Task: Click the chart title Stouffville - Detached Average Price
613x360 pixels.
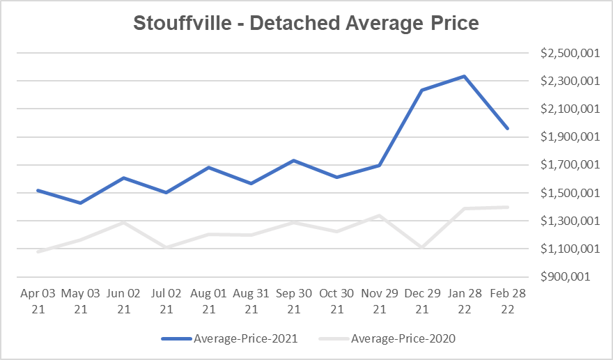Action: pyautogui.click(x=306, y=24)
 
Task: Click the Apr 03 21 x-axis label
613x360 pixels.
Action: pyautogui.click(x=38, y=301)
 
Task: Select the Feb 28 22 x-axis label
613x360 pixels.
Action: pyautogui.click(x=507, y=301)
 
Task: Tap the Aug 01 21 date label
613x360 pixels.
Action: pyautogui.click(x=209, y=301)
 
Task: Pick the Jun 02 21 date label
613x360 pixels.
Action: pyautogui.click(x=123, y=301)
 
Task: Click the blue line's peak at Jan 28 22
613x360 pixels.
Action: pyautogui.click(x=465, y=77)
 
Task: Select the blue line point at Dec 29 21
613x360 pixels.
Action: pyautogui.click(x=422, y=90)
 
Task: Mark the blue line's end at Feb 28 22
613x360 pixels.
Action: pyautogui.click(x=507, y=128)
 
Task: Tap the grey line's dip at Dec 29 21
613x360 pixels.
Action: pyautogui.click(x=422, y=247)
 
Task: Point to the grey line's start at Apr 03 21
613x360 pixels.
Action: pyautogui.click(x=38, y=251)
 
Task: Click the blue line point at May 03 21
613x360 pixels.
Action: pyautogui.click(x=81, y=203)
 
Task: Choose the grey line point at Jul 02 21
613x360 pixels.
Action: pyautogui.click(x=166, y=247)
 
